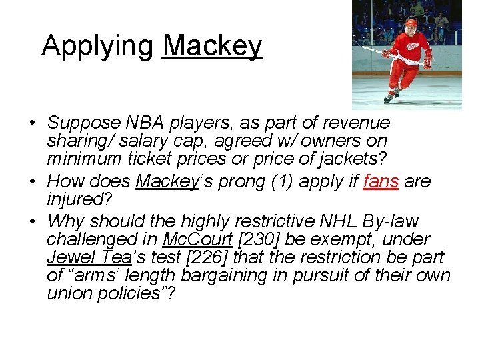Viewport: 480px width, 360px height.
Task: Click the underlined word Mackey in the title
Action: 212,46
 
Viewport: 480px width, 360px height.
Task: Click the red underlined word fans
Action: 381,181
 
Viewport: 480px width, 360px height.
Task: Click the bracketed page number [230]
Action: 258,239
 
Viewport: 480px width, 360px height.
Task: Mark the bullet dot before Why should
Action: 31,221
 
